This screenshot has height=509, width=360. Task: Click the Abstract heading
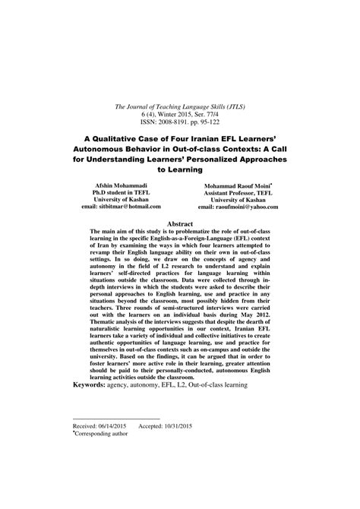180,224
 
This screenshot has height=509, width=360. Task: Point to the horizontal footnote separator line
116,420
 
